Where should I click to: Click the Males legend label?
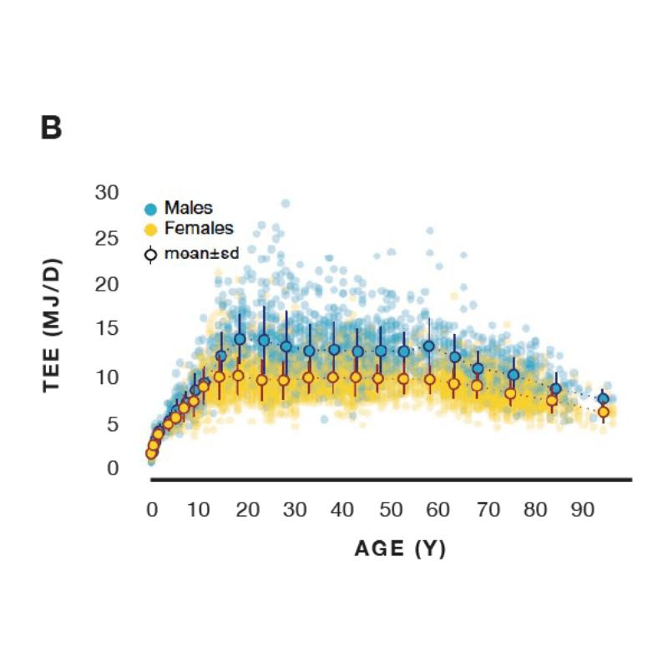pos(188,207)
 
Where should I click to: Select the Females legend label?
pos(199,227)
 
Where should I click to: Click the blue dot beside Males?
pos(151,209)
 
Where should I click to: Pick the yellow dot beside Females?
pos(151,229)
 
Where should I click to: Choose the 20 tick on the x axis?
pos(246,509)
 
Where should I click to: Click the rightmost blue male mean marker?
pos(603,399)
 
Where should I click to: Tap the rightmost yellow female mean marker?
pos(603,412)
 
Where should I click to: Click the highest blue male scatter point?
pos(285,203)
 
